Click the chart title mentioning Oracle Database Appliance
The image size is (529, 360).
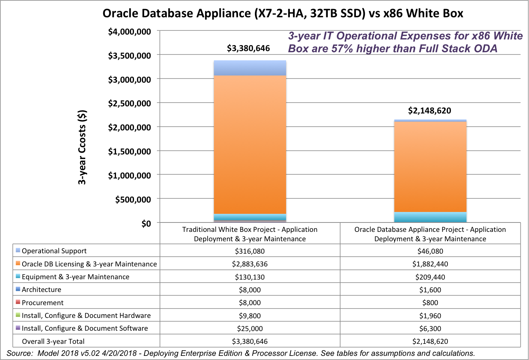click(x=283, y=14)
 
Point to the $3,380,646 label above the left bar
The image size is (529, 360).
click(x=248, y=48)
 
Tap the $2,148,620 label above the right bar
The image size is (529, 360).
click(x=430, y=111)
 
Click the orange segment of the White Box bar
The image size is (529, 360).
click(x=250, y=145)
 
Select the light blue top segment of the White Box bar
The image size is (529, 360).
click(x=250, y=68)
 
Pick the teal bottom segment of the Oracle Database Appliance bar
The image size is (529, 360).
click(x=430, y=217)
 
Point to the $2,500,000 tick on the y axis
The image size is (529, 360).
click(x=130, y=103)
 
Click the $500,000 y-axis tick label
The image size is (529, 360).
click(x=133, y=200)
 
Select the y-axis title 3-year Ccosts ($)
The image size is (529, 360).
click(x=82, y=147)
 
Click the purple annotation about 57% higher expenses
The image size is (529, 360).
click(x=405, y=42)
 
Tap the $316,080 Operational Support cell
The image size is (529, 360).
click(x=250, y=251)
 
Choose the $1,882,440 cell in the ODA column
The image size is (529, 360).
click(x=430, y=264)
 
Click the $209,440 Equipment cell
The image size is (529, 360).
click(x=430, y=277)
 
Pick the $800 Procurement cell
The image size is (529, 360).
click(x=430, y=303)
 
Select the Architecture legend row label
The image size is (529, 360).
click(x=41, y=290)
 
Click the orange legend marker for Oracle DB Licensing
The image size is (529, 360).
click(x=18, y=263)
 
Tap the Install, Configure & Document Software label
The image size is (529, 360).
click(x=84, y=328)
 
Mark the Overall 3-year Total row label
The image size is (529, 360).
click(x=53, y=342)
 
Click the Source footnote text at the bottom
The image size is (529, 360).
click(x=240, y=353)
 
